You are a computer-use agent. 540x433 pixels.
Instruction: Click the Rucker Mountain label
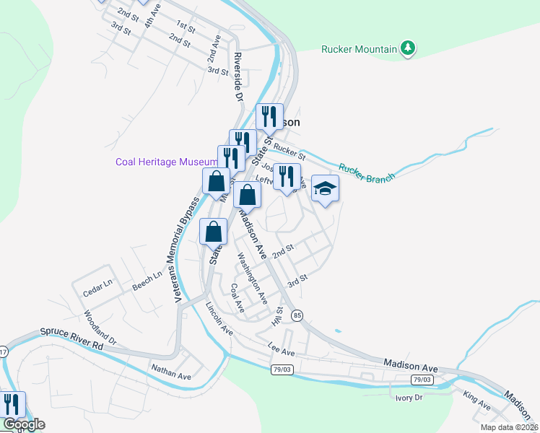[359, 49]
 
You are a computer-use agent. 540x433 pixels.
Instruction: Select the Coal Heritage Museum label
[166, 162]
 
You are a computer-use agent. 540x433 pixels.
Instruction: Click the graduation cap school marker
[326, 189]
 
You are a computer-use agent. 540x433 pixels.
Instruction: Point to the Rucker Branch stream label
[367, 172]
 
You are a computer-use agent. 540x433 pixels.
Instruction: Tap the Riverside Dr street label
[236, 76]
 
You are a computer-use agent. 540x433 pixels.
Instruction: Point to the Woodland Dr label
[99, 325]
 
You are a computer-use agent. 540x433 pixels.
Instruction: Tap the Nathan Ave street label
[170, 375]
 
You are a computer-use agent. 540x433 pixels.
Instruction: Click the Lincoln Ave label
[219, 318]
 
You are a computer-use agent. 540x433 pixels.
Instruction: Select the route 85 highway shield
[297, 315]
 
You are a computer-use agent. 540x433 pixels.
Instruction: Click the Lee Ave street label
[282, 349]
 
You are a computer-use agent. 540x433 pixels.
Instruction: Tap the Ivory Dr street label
[408, 397]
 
